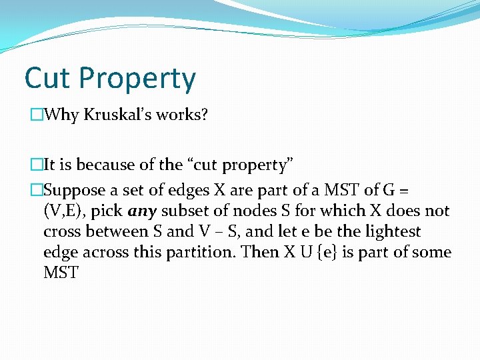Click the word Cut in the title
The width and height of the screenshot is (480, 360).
[47, 78]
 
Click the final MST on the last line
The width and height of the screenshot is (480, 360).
[61, 273]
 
